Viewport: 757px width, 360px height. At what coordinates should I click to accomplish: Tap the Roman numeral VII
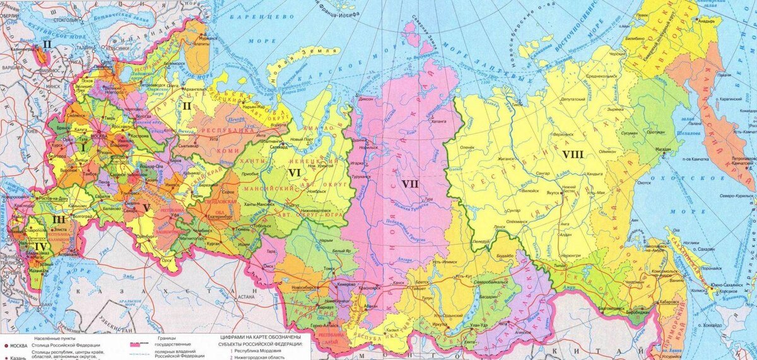click(x=410, y=183)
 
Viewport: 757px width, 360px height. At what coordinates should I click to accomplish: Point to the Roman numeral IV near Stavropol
click(x=41, y=247)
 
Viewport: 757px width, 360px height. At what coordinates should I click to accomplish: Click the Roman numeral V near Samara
click(x=146, y=207)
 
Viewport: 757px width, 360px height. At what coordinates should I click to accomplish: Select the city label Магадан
click(x=663, y=149)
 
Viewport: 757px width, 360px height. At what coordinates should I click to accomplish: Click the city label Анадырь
click(x=705, y=21)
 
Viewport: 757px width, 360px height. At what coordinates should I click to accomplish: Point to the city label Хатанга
click(x=441, y=118)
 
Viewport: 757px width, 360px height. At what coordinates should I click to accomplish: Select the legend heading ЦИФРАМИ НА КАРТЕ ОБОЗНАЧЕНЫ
click(x=259, y=339)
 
